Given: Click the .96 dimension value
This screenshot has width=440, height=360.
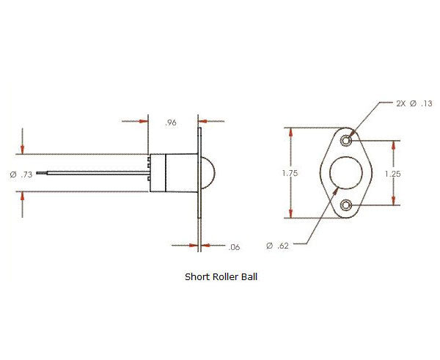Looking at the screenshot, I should click(x=172, y=123).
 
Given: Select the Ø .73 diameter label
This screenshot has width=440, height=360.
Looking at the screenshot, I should click(x=22, y=175).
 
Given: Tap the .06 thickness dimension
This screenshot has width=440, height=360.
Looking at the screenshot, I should click(x=234, y=247).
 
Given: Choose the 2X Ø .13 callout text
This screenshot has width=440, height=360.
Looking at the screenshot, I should click(x=415, y=103).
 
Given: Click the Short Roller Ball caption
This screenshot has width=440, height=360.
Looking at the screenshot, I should click(x=221, y=277).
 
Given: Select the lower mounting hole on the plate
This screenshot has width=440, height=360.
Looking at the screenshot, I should click(x=346, y=205).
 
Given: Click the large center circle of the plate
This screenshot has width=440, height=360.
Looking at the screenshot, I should click(x=346, y=174).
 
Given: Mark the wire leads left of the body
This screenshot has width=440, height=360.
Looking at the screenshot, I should click(x=88, y=174).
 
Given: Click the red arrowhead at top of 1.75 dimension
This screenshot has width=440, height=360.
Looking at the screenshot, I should click(x=292, y=133).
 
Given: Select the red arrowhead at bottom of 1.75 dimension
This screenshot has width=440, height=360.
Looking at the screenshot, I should click(x=292, y=214).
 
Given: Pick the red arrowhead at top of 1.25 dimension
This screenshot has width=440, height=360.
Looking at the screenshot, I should click(x=395, y=145).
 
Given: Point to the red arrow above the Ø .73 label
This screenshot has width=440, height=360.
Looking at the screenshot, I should click(x=22, y=149).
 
